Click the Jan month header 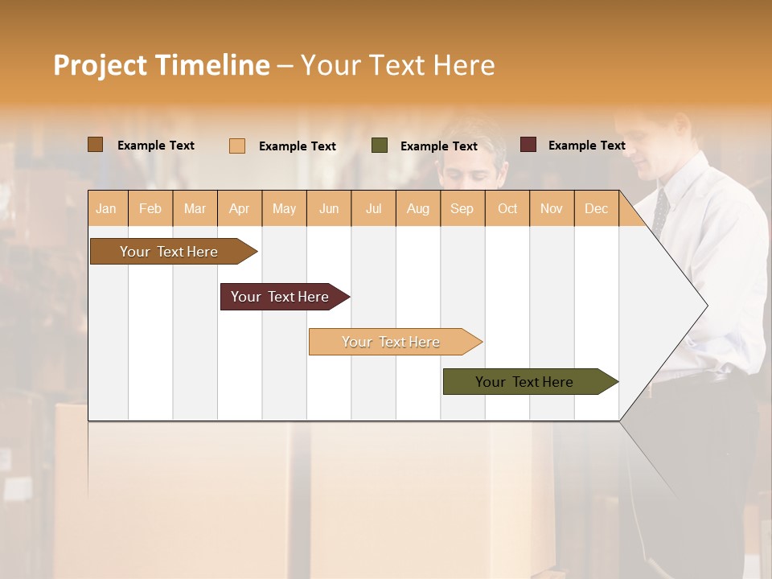(106, 208)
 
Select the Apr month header (239, 208)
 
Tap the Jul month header (373, 208)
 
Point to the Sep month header (462, 208)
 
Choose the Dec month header (596, 208)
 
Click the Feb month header (150, 208)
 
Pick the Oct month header (507, 208)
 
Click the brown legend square (96, 145)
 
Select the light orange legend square (237, 146)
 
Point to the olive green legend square (380, 146)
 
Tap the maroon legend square (528, 145)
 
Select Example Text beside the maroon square (586, 146)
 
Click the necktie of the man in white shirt (660, 211)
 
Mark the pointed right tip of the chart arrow (706, 306)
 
